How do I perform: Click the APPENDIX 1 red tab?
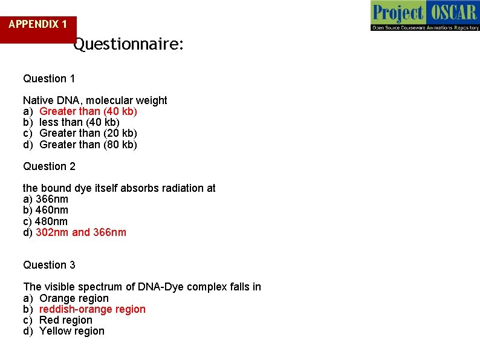tap(38, 25)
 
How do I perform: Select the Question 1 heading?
tap(49, 79)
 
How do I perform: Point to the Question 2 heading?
tap(49, 166)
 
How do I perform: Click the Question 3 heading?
tap(49, 265)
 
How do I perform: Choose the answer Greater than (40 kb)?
tap(88, 111)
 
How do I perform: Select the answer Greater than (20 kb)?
tap(88, 133)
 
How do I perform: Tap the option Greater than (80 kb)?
tap(88, 145)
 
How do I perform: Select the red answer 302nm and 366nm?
tap(81, 232)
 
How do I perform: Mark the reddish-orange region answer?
tap(92, 309)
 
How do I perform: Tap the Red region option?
tap(66, 320)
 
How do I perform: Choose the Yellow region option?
tap(72, 331)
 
